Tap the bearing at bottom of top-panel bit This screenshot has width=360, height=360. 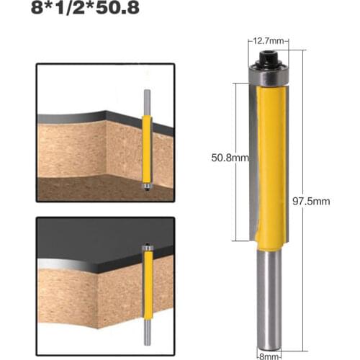point(147,186)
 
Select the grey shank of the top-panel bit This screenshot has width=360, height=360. point(147,101)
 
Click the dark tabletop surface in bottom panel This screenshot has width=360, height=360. point(86,241)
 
